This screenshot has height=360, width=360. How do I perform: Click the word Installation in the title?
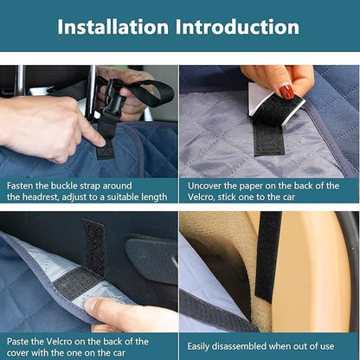(113, 27)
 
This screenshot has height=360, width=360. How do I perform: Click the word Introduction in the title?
(237, 27)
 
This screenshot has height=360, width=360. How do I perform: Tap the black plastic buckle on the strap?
(114, 98)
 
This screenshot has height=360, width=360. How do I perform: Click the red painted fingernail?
(286, 92)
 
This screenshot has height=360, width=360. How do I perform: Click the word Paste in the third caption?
(17, 342)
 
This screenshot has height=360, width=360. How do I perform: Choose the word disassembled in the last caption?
(239, 346)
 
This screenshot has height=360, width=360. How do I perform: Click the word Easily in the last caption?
(198, 347)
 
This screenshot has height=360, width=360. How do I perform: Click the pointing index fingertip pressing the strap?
(99, 141)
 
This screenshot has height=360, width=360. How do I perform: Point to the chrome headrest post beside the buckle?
(93, 93)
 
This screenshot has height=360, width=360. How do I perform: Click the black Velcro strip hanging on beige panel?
(267, 257)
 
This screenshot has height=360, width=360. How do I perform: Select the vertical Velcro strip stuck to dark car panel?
(94, 248)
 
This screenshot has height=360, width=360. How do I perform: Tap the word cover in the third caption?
(17, 353)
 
